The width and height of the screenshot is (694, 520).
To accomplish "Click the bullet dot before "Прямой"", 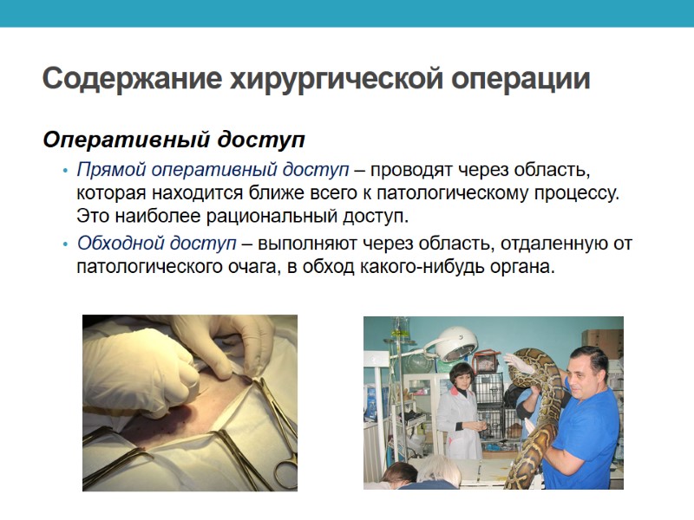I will (x=65, y=169).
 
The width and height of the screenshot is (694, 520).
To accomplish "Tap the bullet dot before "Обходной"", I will (x=65, y=244).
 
